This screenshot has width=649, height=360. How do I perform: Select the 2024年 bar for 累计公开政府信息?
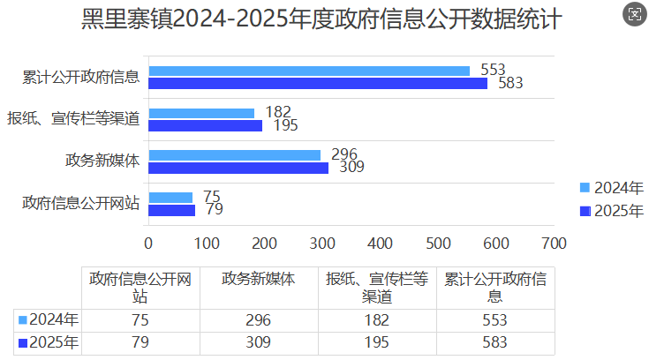click(309, 71)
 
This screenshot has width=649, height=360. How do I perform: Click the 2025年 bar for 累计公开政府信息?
click(318, 83)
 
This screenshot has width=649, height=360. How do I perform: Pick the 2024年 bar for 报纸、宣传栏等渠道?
click(201, 113)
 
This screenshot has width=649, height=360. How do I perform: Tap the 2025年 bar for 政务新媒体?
click(238, 168)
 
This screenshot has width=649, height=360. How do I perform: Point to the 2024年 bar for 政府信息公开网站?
click(170, 198)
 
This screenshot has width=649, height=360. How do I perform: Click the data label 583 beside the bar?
click(510, 84)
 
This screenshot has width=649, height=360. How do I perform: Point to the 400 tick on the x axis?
click(380, 242)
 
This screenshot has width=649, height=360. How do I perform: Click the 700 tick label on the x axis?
click(554, 242)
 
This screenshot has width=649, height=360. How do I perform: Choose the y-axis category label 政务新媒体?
click(102, 161)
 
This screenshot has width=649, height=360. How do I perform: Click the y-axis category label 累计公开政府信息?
click(81, 77)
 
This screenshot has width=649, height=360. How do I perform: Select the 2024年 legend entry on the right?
click(612, 187)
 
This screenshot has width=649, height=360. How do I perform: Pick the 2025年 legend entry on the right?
click(612, 210)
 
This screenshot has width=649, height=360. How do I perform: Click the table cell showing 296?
click(260, 320)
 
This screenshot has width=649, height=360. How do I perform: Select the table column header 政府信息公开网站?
click(140, 287)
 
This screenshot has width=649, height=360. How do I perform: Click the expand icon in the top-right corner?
click(633, 13)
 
